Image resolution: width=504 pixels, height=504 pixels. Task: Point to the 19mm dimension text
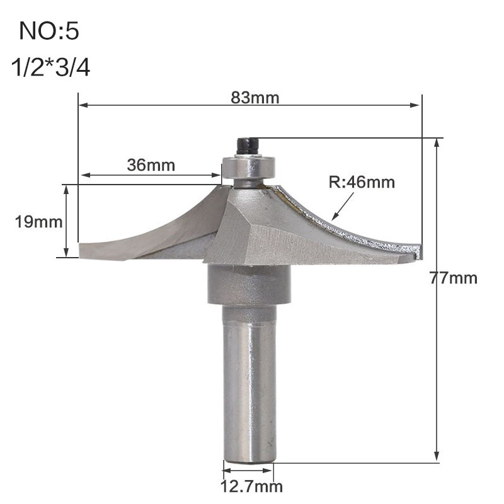(x=31, y=221)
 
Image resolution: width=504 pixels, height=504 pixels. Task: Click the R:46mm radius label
(x=362, y=183)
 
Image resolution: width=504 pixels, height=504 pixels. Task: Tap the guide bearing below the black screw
(x=249, y=168)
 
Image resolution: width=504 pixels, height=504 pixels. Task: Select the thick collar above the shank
(x=249, y=287)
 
